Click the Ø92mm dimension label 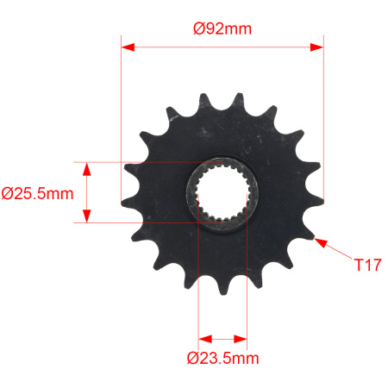coord(222,28)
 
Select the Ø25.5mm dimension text coord(37,194)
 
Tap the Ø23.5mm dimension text coord(222,358)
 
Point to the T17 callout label coord(367,265)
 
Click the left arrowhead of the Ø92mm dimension coord(128,47)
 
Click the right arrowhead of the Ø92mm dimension coord(316,47)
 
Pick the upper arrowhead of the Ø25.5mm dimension coord(87,169)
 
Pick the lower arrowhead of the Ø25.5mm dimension coord(87,216)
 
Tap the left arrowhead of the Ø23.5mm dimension coord(205,339)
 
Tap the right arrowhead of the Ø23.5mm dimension coord(241,339)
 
